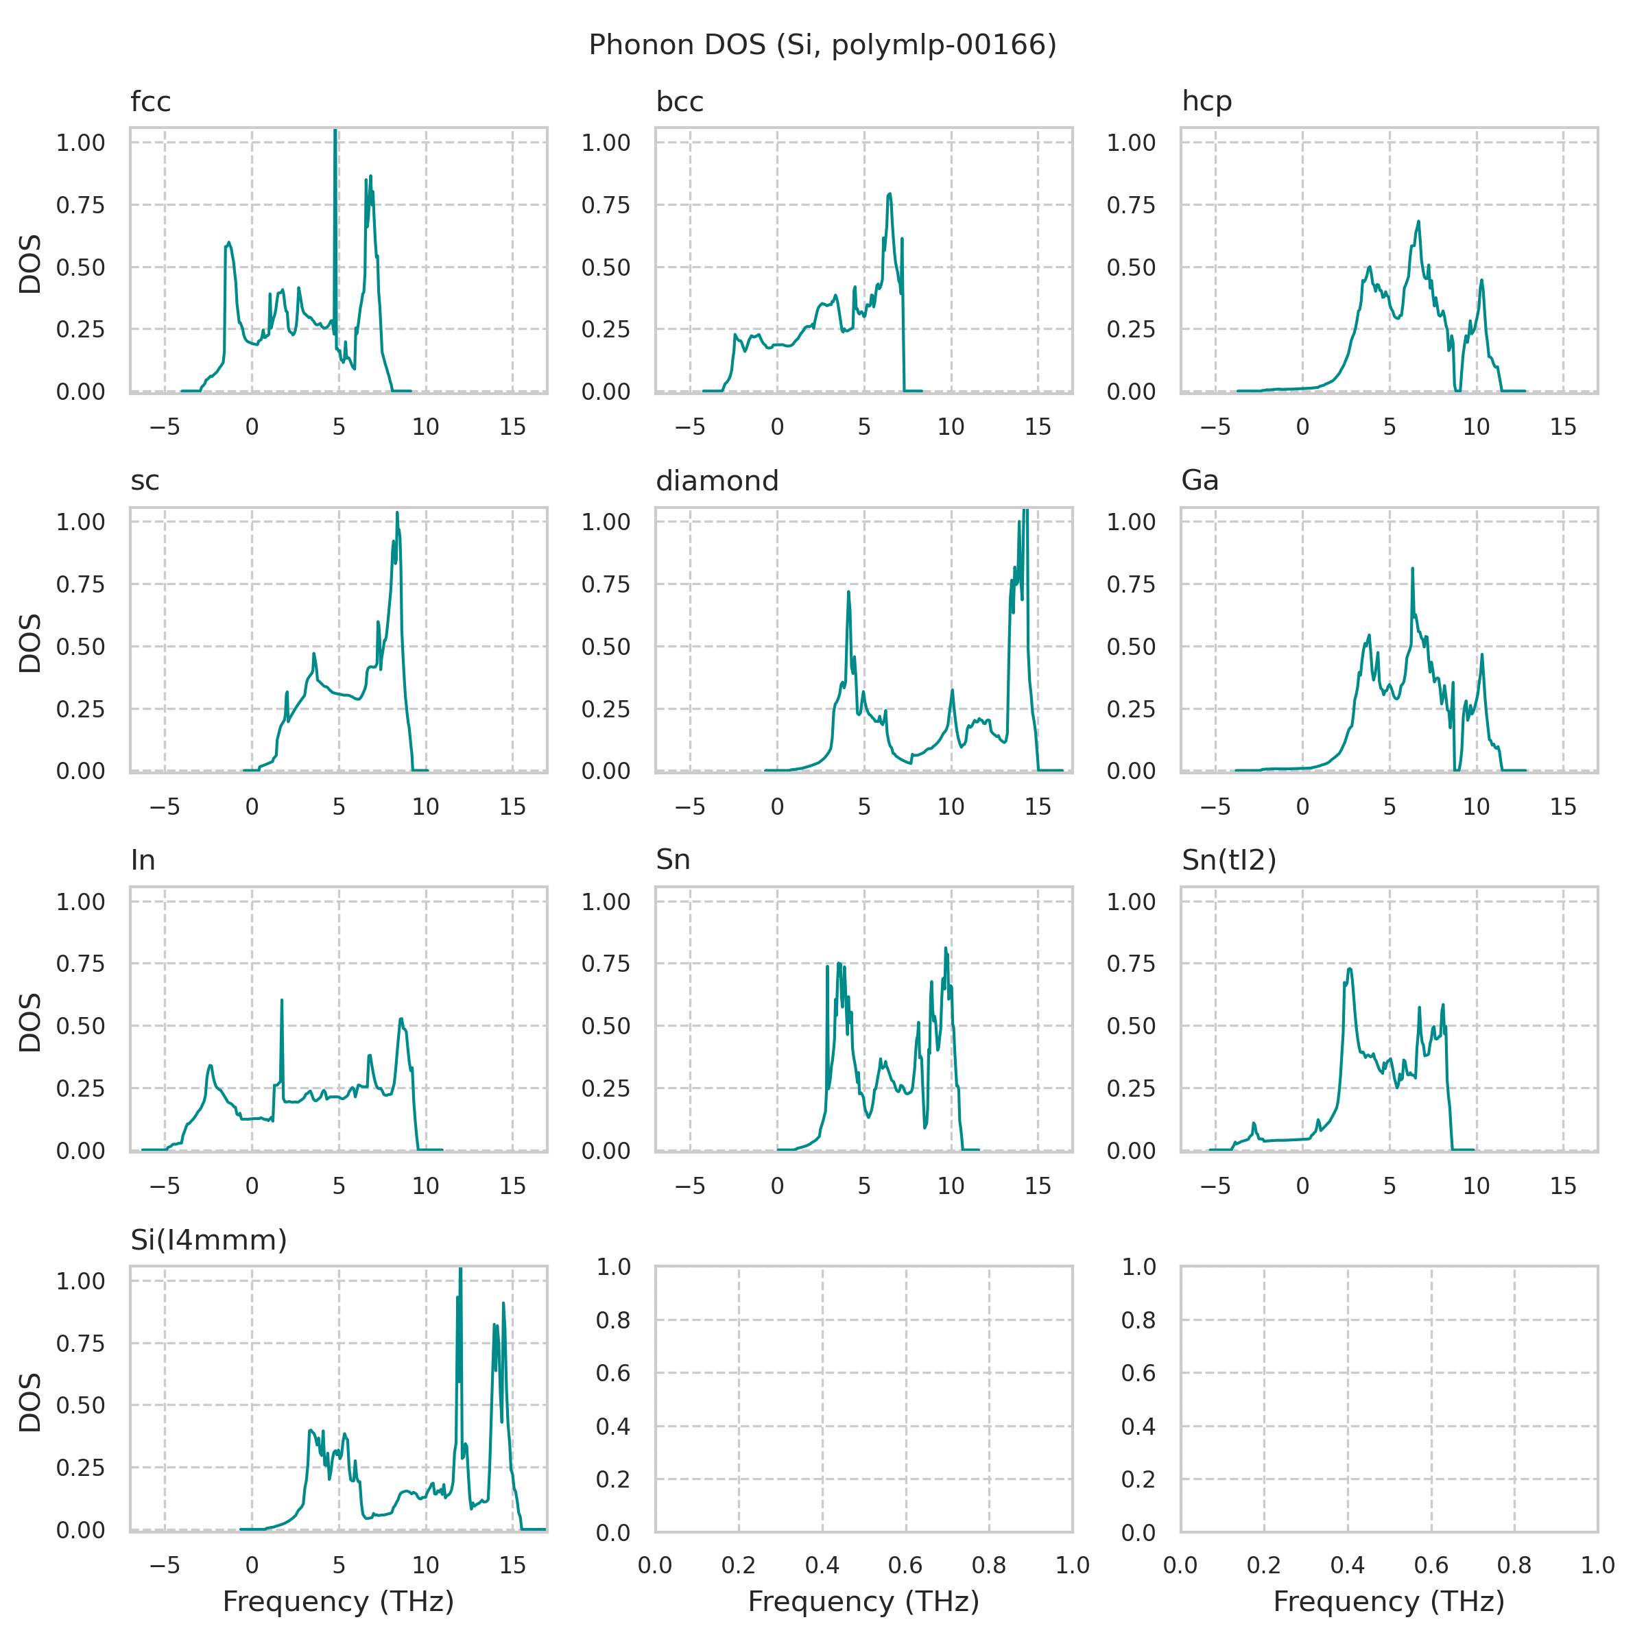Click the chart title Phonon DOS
tap(822, 45)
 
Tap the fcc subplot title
tap(151, 102)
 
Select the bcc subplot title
tap(679, 102)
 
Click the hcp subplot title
tap(1206, 102)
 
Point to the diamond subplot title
tap(717, 481)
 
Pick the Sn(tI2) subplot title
tap(1228, 861)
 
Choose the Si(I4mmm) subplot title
tap(208, 1239)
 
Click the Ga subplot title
tap(1200, 481)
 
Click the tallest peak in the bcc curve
tap(890, 194)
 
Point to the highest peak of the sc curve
tap(397, 513)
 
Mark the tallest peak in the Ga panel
tap(1411, 569)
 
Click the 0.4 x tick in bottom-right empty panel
tap(1347, 1564)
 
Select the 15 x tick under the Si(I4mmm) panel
tap(512, 1564)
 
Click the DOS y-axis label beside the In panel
tap(31, 1023)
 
